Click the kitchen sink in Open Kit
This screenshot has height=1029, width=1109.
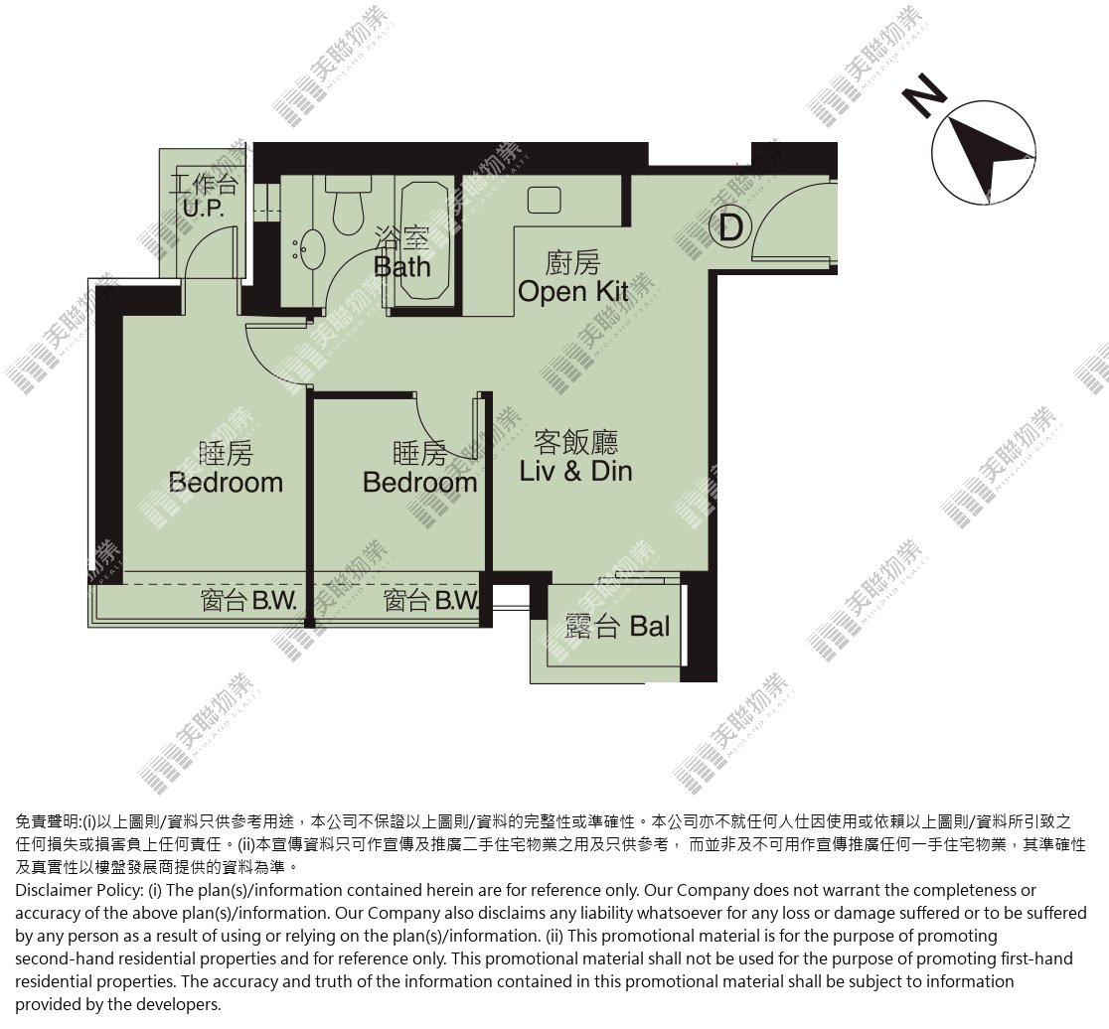(x=544, y=200)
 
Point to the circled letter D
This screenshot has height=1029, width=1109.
(x=730, y=227)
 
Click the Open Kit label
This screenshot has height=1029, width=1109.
(x=573, y=290)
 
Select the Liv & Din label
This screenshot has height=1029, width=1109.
(x=575, y=471)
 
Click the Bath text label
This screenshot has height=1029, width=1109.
(x=401, y=267)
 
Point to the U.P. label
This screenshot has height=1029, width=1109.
(x=203, y=209)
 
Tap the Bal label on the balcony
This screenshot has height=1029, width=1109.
(x=649, y=626)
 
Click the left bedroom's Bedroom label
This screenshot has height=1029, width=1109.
(x=227, y=483)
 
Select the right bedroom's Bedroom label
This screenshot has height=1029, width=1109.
(x=420, y=483)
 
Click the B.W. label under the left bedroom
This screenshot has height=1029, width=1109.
(x=274, y=602)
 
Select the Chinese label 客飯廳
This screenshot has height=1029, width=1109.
(x=575, y=442)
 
